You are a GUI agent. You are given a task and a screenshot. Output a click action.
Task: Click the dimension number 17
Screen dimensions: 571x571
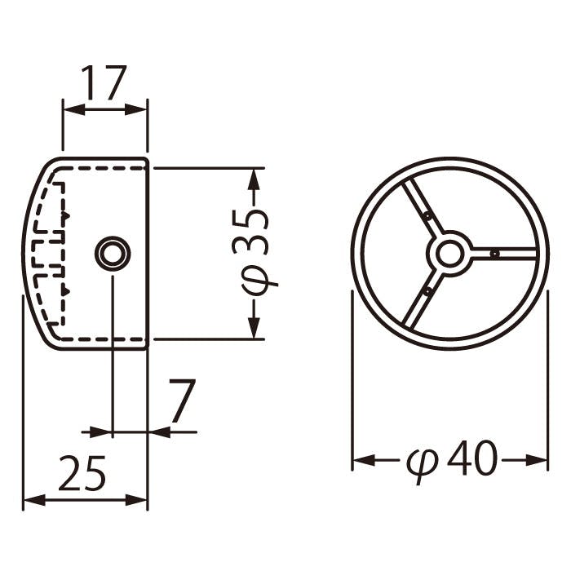tap(104, 82)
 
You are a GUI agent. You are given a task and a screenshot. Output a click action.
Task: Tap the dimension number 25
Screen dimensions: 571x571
tap(82, 472)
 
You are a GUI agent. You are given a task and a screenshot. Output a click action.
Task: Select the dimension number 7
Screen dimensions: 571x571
tap(182, 401)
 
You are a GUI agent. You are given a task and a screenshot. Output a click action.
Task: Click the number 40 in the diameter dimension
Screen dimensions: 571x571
tap(472, 458)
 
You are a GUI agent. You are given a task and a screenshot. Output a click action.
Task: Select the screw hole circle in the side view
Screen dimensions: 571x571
tap(113, 254)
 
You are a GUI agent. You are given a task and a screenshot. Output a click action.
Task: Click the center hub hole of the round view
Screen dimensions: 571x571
tap(450, 254)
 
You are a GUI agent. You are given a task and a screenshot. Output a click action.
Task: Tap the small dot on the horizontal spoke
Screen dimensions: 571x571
tap(494, 254)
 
